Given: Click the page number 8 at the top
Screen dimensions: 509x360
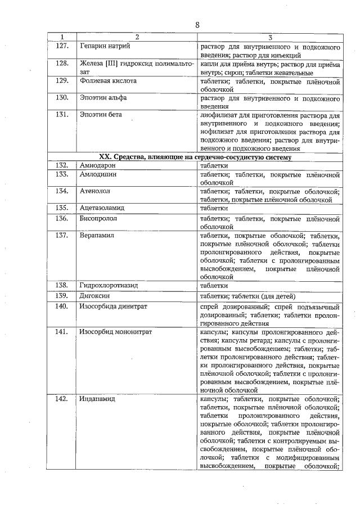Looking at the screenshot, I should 197,25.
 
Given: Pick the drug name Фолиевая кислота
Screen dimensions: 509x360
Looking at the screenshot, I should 108,81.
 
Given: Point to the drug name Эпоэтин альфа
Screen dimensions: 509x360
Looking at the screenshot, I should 103,97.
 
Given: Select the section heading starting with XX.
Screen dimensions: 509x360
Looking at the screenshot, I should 195,157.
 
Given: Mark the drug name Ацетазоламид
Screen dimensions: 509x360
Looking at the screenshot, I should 102,208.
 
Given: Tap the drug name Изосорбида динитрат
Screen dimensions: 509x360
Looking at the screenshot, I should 114,307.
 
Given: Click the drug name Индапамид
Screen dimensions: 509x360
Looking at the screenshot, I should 98,399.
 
